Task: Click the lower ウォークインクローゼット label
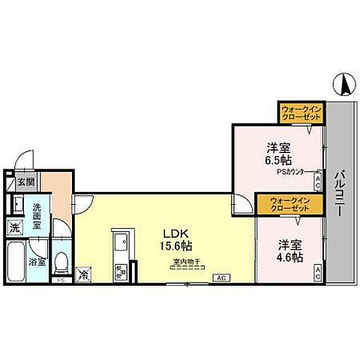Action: click(279, 204)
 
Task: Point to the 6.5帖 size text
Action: click(278, 160)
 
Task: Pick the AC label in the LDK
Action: click(220, 278)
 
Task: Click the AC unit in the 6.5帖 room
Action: click(317, 180)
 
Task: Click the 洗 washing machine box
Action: click(15, 228)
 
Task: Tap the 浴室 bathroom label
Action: click(37, 262)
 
